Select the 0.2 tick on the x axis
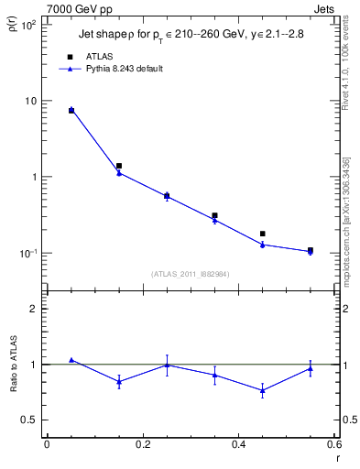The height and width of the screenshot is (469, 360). coord(142,444)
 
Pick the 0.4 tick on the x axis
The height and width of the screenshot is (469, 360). coord(238,444)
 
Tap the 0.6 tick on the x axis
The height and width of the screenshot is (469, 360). coord(333,444)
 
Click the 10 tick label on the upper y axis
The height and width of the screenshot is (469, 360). coord(29,101)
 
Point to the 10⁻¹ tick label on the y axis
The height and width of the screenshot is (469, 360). coord(27,253)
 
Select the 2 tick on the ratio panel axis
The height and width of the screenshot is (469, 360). coord(33,309)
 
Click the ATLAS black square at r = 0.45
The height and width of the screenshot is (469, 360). coord(263,234)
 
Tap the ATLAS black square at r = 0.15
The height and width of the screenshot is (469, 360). coord(119,166)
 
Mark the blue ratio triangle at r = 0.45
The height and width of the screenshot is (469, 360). coord(263,391)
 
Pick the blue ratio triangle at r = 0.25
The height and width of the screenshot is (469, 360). coord(167,365)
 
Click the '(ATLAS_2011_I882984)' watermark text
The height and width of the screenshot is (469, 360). coord(191,274)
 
